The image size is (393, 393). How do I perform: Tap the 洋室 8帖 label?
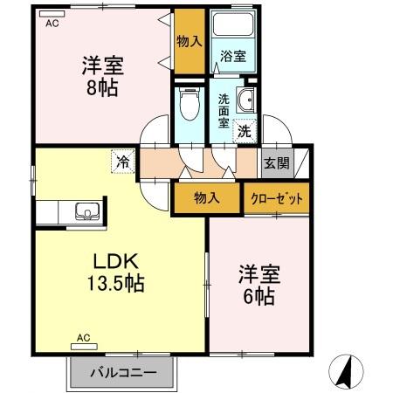pos(101,76)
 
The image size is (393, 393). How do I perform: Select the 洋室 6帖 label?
pos(259,284)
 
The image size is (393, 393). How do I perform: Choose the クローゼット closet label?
pos(277,199)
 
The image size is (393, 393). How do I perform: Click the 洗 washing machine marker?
pos(245,132)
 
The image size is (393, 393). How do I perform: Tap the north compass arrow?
pos(348,373)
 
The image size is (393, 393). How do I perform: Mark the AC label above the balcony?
pos(84,337)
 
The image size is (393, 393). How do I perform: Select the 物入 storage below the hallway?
pos(206,199)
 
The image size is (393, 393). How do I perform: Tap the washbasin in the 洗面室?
pos(246,100)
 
